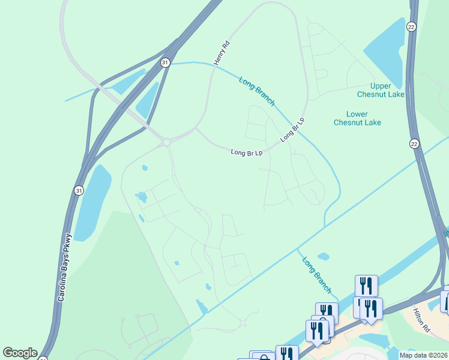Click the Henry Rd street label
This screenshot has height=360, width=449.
[221, 53]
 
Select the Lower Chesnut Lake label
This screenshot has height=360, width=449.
[357, 118]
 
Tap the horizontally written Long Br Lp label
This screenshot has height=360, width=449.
[247, 153]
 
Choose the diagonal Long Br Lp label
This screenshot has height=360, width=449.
[292, 130]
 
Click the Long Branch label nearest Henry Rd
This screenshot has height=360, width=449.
[257, 91]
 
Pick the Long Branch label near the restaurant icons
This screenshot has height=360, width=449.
[316, 275]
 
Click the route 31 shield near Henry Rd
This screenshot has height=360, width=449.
[165, 62]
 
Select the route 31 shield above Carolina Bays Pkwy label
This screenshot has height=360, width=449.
[79, 190]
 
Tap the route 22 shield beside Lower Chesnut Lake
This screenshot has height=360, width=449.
[414, 143]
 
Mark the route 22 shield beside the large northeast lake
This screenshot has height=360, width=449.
[411, 27]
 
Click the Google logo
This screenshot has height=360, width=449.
[20, 353]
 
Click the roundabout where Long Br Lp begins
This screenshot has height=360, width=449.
[166, 142]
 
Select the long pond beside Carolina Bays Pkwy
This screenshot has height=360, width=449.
[92, 196]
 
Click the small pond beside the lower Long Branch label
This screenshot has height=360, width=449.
[324, 256]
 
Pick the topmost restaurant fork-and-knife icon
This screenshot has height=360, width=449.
[366, 286]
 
